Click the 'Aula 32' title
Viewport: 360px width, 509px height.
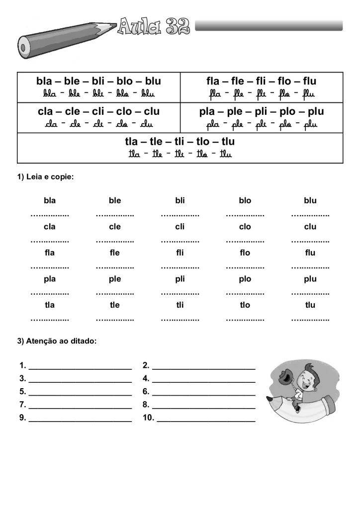pos(154,25)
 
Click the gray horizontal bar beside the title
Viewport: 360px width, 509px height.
pos(269,25)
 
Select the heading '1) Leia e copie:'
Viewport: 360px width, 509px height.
pos(46,177)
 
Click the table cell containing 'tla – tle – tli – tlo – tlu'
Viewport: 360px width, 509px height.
pos(180,148)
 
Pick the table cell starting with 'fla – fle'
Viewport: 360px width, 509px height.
pos(261,87)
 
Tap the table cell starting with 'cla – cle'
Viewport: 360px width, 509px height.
pos(98,117)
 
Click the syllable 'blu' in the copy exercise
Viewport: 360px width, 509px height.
pos(310,201)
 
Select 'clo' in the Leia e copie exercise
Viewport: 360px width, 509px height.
pos(245,227)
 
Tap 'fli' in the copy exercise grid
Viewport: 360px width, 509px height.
pos(180,253)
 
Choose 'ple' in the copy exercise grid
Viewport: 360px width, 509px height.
pos(115,279)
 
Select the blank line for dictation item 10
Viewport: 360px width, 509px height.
pos(206,421)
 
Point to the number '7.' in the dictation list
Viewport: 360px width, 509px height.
pos(23,404)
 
